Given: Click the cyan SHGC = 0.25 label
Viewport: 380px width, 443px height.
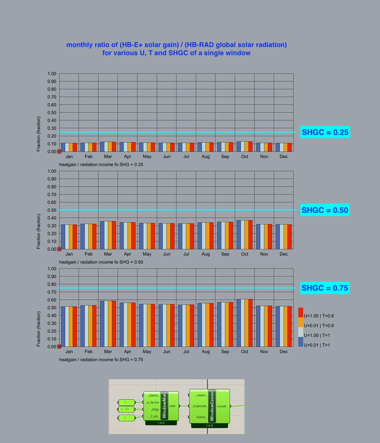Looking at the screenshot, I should [325, 132].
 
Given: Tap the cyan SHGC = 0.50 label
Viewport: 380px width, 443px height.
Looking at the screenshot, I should [325, 210].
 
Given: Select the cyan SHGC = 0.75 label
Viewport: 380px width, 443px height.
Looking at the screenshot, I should [325, 288].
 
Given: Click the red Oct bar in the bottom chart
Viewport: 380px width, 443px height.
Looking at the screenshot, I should [250, 323].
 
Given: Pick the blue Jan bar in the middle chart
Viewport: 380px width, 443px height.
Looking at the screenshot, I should [63, 237].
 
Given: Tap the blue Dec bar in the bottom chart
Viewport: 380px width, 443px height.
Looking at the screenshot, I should [277, 326].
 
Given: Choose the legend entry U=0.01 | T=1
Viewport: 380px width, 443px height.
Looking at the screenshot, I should [318, 345].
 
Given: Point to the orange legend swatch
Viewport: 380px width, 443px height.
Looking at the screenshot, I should [301, 323].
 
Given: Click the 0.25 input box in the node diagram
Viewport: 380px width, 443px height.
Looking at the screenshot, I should [126, 409].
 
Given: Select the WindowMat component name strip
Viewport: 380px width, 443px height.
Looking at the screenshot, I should [164, 405].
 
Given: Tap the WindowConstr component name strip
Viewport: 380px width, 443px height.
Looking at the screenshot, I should [212, 406].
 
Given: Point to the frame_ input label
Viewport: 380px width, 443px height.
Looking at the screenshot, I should [201, 417].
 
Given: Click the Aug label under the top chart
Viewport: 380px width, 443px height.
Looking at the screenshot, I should [206, 157].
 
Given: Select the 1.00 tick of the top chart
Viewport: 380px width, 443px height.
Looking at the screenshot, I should [52, 74].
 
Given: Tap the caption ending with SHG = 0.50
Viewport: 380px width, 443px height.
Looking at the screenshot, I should [101, 262].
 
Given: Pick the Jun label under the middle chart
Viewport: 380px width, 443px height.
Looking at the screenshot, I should [167, 254].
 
